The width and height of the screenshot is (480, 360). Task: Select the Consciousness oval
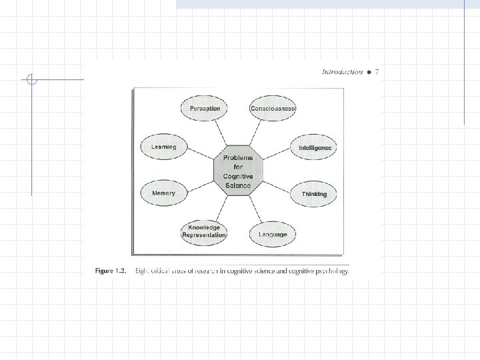coord(273,109)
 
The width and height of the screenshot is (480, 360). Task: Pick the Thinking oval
coord(314,194)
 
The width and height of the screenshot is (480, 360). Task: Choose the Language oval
coord(273,234)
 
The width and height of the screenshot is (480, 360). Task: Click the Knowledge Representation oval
coord(203,231)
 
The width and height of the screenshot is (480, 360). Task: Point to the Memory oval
coord(164,193)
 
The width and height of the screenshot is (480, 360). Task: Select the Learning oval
coord(164,147)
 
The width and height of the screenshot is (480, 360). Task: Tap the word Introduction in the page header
coord(342,72)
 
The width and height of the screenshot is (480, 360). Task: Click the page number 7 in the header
coord(377,72)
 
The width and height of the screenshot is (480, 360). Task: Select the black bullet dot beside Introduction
coord(369,72)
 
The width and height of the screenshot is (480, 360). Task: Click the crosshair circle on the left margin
coord(31,80)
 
